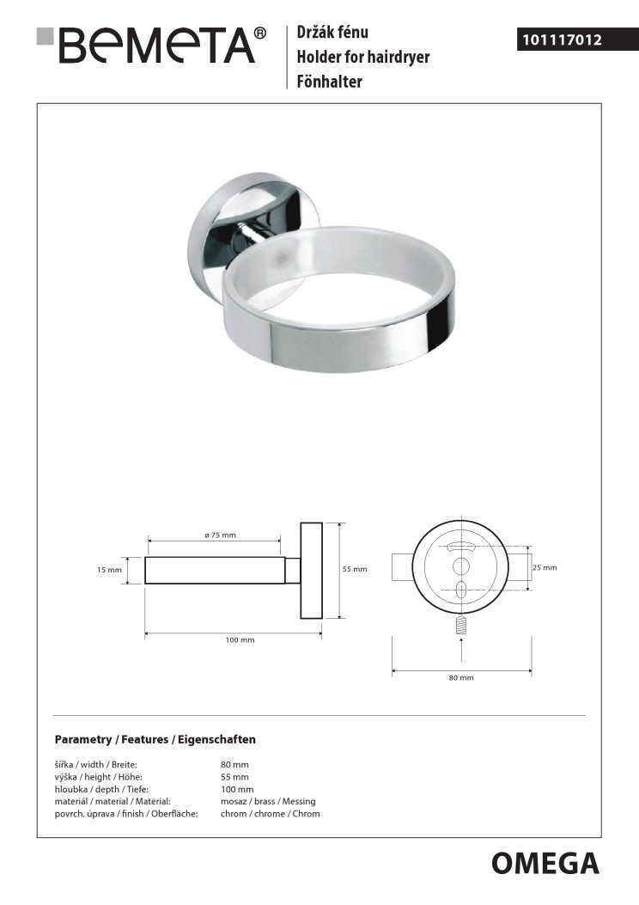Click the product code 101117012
point(561,40)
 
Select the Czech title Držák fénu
point(332,33)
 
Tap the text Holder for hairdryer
point(362,57)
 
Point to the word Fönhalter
point(329,82)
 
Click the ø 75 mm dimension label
point(221,535)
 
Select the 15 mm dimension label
point(109,570)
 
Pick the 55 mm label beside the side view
point(355,569)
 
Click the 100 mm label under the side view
point(240,640)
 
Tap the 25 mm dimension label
point(545,568)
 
